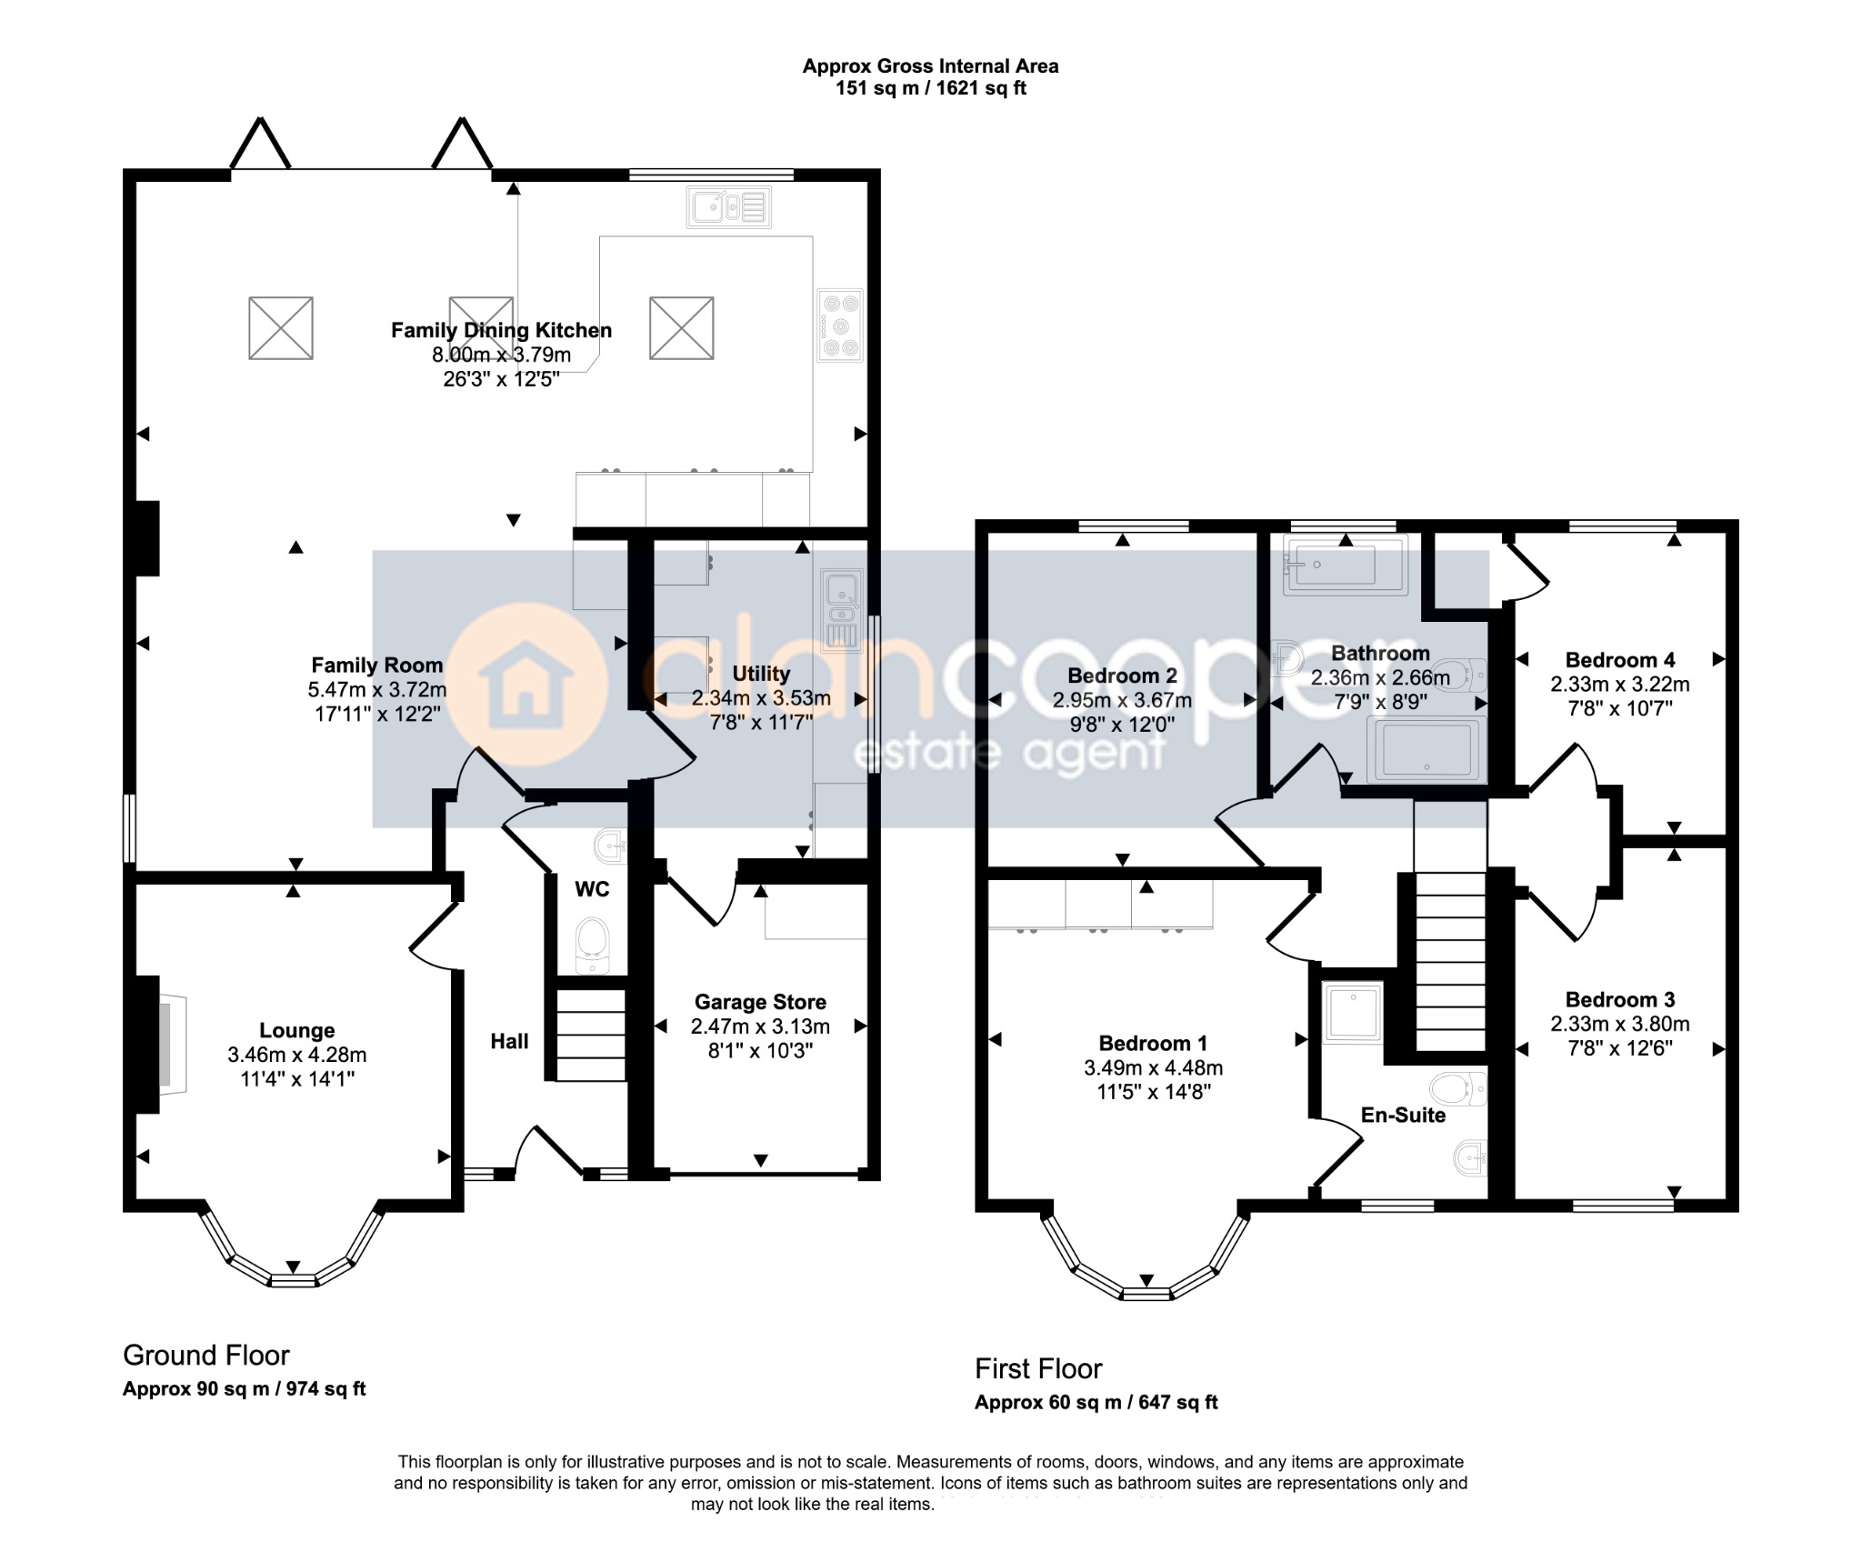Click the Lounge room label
point(296,1030)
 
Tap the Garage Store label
point(760,1002)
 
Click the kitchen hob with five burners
point(839,325)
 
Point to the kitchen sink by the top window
point(729,207)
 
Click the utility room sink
point(841,610)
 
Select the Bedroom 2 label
point(1122,676)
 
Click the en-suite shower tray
point(1352,1011)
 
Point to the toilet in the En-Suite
point(1458,1088)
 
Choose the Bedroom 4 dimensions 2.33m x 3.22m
point(1619,685)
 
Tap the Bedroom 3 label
point(1619,1000)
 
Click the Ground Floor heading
point(206,1356)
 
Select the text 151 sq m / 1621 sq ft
point(931,88)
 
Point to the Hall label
point(509,1042)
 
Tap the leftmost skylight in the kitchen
point(281,327)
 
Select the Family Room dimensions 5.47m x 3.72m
point(377,690)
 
